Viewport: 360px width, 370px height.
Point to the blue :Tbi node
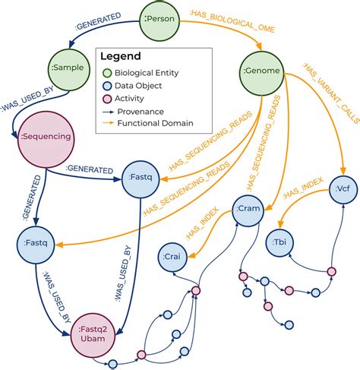click(280, 243)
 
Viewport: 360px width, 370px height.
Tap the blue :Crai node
click(175, 259)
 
